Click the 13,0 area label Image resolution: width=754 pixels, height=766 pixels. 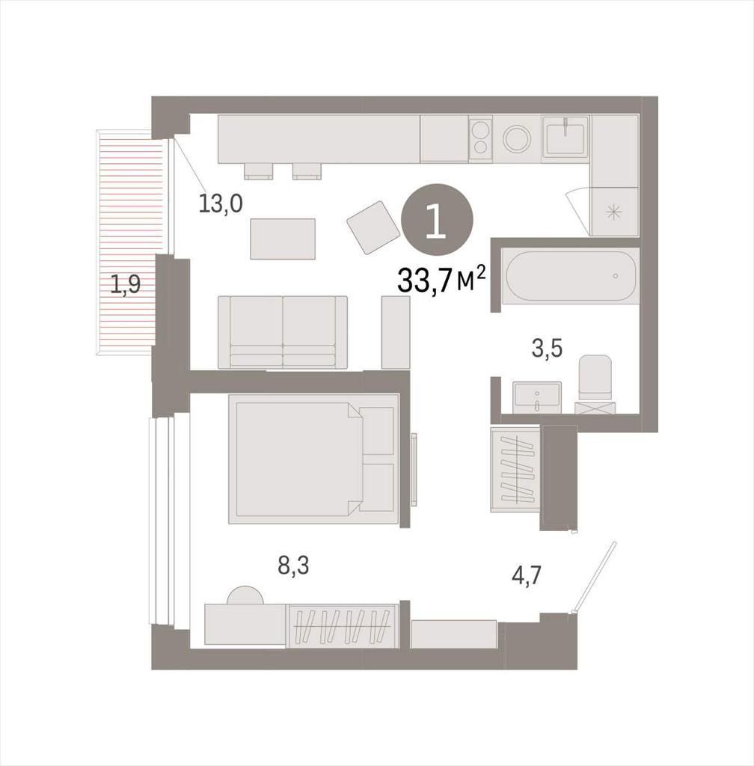(x=220, y=203)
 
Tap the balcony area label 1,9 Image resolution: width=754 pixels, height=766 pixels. (x=126, y=284)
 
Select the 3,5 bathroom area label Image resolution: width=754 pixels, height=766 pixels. (x=547, y=349)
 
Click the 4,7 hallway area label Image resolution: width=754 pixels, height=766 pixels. (x=527, y=575)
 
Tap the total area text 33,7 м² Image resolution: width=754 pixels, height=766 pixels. (x=442, y=280)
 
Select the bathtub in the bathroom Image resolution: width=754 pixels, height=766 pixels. (x=571, y=276)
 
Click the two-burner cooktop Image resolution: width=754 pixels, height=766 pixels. (x=480, y=138)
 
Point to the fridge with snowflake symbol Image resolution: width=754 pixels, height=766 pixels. (x=614, y=212)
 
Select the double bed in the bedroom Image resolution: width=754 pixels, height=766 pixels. (x=313, y=459)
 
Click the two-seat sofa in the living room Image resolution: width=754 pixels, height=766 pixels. (x=283, y=332)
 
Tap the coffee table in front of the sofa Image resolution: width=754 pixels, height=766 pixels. (x=283, y=239)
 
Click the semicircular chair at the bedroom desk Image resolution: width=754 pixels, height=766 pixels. (x=245, y=595)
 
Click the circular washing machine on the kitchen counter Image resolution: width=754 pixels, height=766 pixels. (x=517, y=138)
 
